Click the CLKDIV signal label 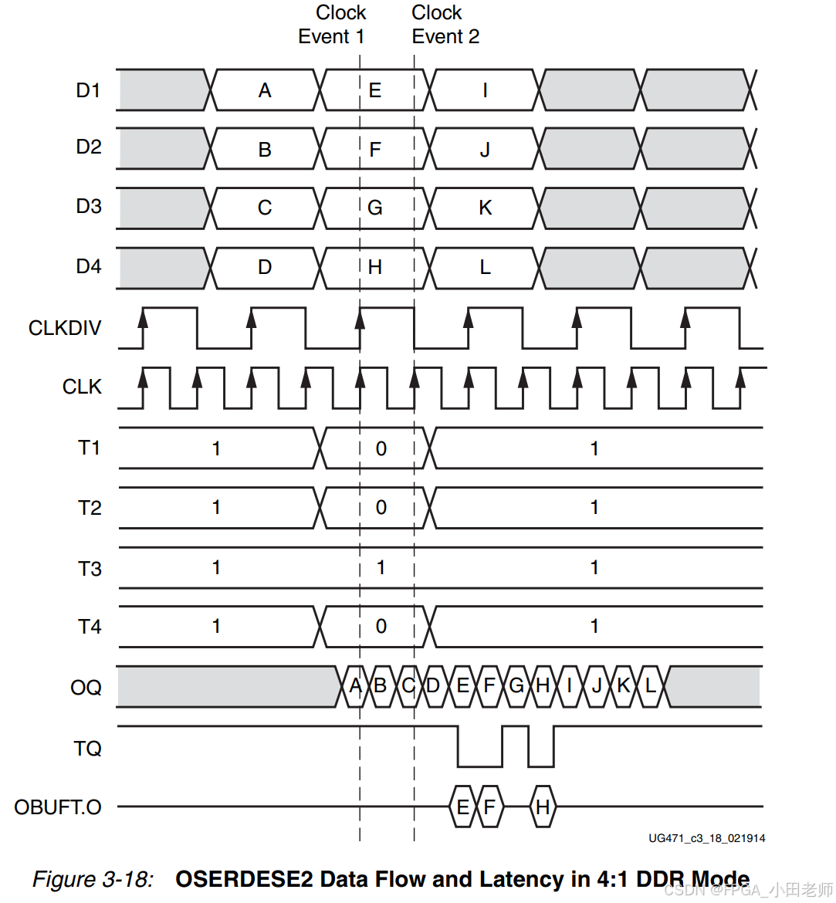[65, 328]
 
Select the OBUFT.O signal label [58, 807]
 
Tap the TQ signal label [87, 748]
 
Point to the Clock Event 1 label [333, 25]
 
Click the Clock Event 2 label [445, 25]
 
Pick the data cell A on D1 [265, 91]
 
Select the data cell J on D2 [485, 150]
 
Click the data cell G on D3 [375, 208]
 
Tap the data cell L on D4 [485, 268]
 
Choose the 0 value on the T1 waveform [381, 449]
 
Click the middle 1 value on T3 [381, 568]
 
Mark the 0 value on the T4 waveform [381, 627]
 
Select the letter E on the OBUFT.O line [462, 807]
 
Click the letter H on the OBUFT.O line [543, 807]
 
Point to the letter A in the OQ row [355, 686]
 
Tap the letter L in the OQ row [651, 686]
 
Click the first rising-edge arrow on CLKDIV [143, 318]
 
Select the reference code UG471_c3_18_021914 [706, 838]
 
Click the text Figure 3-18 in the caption [93, 879]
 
